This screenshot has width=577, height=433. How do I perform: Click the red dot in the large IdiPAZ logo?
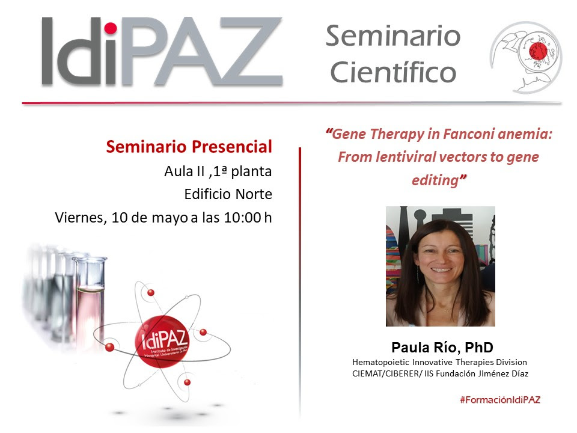coord(110,28)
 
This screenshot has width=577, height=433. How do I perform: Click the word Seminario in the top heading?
coord(393,37)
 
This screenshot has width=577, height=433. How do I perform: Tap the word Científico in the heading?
coord(392,73)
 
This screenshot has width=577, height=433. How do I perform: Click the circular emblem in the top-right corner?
coord(525,58)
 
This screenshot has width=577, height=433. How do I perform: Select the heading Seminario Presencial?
coord(189,146)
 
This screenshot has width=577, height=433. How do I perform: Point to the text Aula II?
coord(181,171)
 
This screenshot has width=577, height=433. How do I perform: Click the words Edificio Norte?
coord(228,194)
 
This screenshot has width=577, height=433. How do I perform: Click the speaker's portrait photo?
coord(440,266)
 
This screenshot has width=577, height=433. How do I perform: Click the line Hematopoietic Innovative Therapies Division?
coord(439,362)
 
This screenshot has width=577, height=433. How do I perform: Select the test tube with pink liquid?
coord(90,295)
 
